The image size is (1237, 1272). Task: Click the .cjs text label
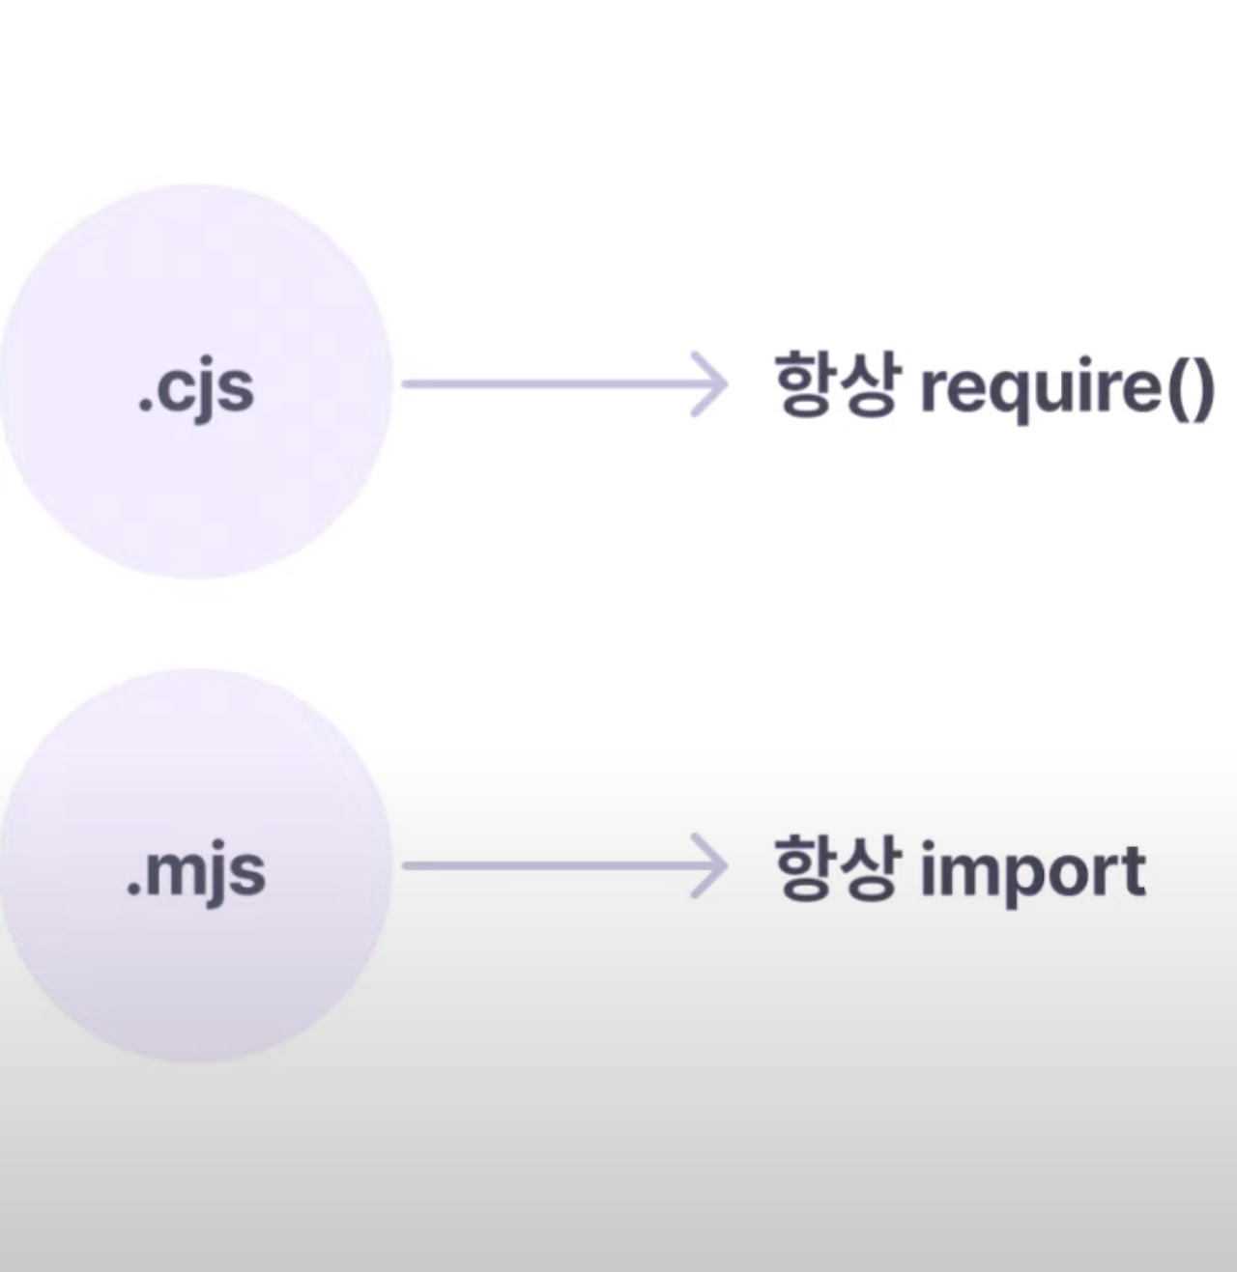pyautogui.click(x=195, y=388)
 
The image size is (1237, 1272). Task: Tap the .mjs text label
pyautogui.click(x=195, y=871)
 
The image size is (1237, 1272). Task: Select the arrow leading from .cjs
pyautogui.click(x=561, y=384)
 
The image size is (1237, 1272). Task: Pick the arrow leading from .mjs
pyautogui.click(x=561, y=866)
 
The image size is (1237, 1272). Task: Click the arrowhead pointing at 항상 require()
pyautogui.click(x=710, y=384)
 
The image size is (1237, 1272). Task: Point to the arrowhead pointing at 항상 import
pyautogui.click(x=710, y=866)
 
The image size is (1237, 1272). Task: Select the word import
pyautogui.click(x=1032, y=871)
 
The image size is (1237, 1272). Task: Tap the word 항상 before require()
pyautogui.click(x=835, y=384)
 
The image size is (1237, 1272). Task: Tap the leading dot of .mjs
pyautogui.click(x=132, y=890)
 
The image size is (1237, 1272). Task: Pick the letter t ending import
pyautogui.click(x=1133, y=871)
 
